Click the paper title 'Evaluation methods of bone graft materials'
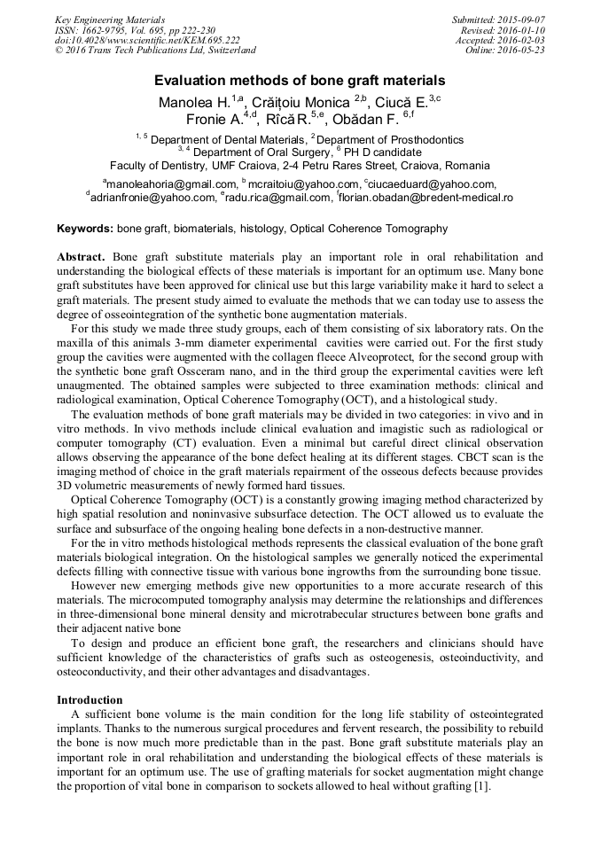tap(300, 80)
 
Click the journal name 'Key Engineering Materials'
tap(109, 19)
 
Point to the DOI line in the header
tap(147, 40)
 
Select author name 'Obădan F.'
tap(365, 120)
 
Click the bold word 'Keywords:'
tap(85, 229)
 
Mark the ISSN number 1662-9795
tap(105, 30)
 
